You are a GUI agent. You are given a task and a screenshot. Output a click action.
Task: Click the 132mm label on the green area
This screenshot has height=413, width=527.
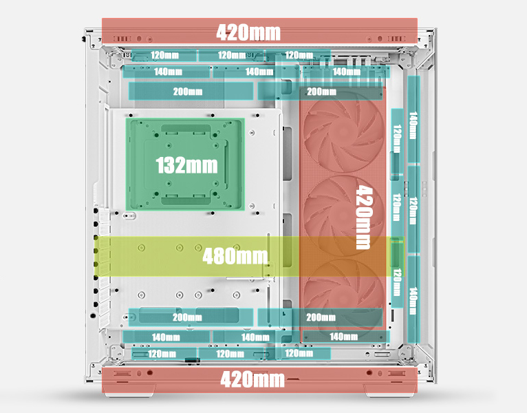point(186,165)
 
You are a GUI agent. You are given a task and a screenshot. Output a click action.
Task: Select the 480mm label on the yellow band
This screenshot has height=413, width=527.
point(235,256)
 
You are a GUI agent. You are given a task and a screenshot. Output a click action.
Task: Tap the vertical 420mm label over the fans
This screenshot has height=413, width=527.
point(363,217)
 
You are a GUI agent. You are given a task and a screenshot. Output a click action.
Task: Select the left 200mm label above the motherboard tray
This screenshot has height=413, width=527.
point(187,92)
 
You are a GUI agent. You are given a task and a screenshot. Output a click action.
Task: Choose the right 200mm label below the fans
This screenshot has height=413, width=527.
point(321,317)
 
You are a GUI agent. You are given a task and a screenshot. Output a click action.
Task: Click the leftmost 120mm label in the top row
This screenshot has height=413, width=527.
point(165,55)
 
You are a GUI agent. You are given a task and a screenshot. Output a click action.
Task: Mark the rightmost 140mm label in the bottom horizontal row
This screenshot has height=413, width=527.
point(344,337)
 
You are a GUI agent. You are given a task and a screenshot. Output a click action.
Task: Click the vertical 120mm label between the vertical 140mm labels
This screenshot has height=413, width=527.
point(413,211)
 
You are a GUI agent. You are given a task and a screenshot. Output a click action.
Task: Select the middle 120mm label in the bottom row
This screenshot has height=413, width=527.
point(230,354)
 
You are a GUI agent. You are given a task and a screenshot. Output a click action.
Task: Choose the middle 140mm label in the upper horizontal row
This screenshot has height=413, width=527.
point(259,72)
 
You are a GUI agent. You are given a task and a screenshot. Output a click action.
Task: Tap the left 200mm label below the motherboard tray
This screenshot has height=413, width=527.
point(187,317)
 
